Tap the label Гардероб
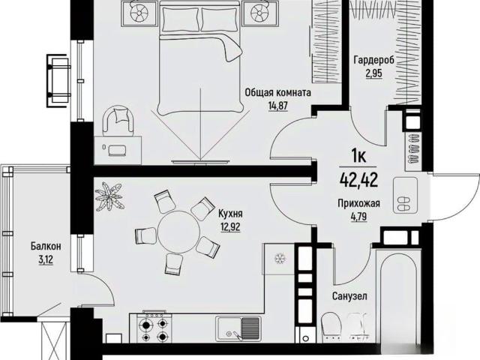coord(373,60)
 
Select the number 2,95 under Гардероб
coord(373,73)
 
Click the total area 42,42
coord(358,180)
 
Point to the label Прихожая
coord(358,203)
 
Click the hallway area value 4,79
coord(358,217)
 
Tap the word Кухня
coord(230,213)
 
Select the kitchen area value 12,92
coord(230,226)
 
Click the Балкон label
coord(46,246)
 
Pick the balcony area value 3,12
coord(46,260)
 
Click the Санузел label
coord(349,296)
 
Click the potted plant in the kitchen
coord(109,196)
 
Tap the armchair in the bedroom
coord(118,121)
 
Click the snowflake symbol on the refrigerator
coord(279,258)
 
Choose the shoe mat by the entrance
coord(405,194)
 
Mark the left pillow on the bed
coord(180,19)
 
